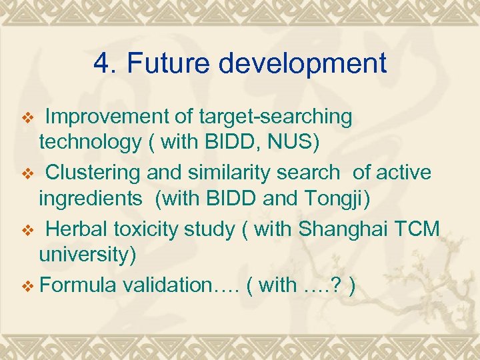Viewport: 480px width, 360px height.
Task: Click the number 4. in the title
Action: [x=105, y=64]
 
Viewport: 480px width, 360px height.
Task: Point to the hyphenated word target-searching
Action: [x=275, y=117]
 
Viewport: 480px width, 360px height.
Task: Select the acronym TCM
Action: [x=418, y=229]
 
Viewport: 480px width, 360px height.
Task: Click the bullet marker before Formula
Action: [x=27, y=286]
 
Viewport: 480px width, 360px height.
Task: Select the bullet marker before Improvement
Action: [x=27, y=118]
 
